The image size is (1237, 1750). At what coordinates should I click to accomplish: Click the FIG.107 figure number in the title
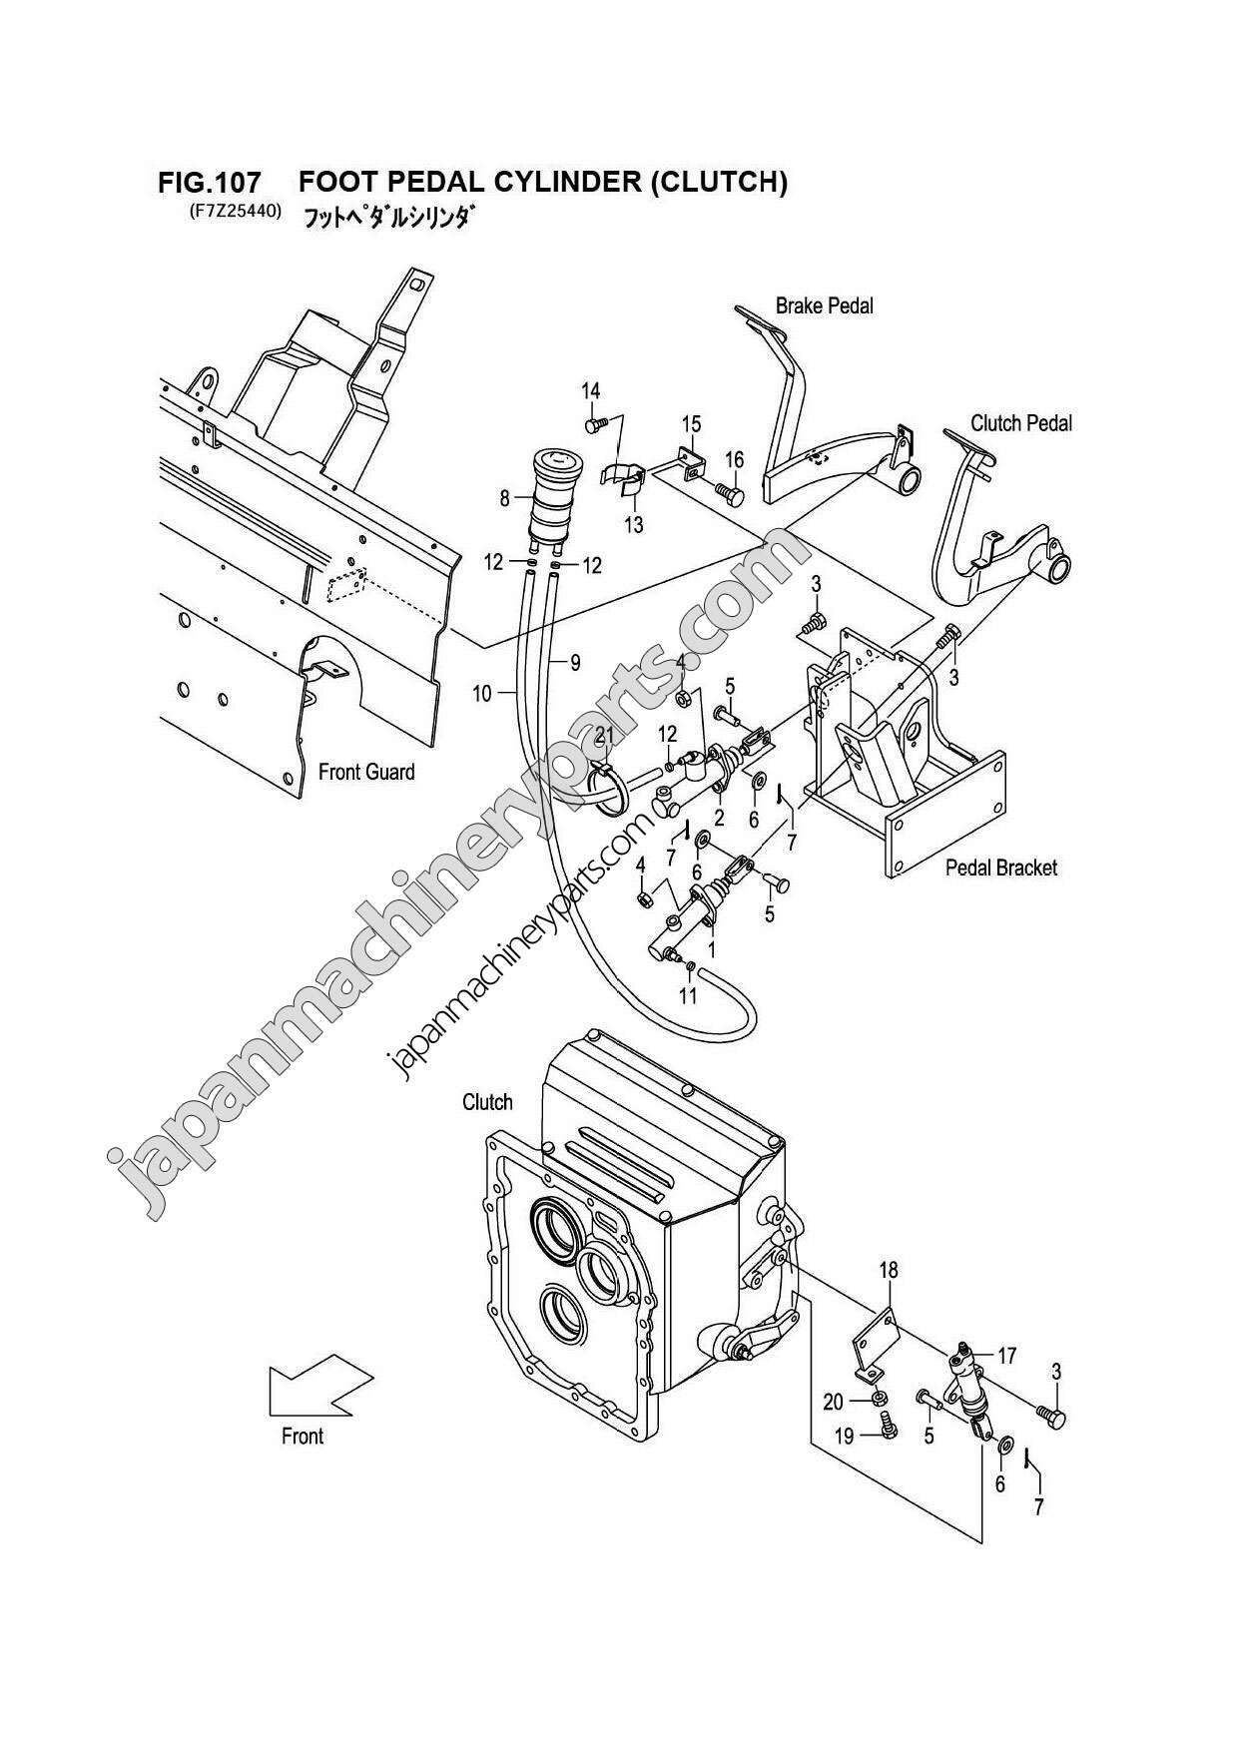(x=210, y=184)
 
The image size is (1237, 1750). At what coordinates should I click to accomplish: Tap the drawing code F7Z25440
(x=230, y=212)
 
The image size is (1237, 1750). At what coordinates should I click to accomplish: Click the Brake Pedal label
(x=824, y=306)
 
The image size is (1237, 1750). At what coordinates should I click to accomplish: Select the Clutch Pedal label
(x=1020, y=423)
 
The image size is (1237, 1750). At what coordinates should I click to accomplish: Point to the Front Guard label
(x=366, y=772)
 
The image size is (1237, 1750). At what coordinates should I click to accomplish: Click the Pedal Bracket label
(x=1000, y=868)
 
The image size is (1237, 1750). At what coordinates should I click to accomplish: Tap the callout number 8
(x=504, y=496)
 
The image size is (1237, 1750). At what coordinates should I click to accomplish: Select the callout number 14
(x=591, y=390)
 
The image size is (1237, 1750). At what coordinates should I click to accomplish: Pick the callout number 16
(x=734, y=460)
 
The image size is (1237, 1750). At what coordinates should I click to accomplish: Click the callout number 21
(x=604, y=737)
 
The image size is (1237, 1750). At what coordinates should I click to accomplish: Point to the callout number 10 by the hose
(x=481, y=693)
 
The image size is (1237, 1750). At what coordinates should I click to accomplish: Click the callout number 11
(x=688, y=996)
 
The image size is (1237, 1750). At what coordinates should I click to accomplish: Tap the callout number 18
(x=888, y=1270)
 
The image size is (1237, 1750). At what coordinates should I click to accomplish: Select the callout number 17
(x=1006, y=1356)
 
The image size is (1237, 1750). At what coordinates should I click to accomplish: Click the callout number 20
(x=833, y=1402)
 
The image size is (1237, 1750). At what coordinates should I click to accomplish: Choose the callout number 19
(x=844, y=1437)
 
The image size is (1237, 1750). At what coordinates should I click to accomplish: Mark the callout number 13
(x=634, y=525)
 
